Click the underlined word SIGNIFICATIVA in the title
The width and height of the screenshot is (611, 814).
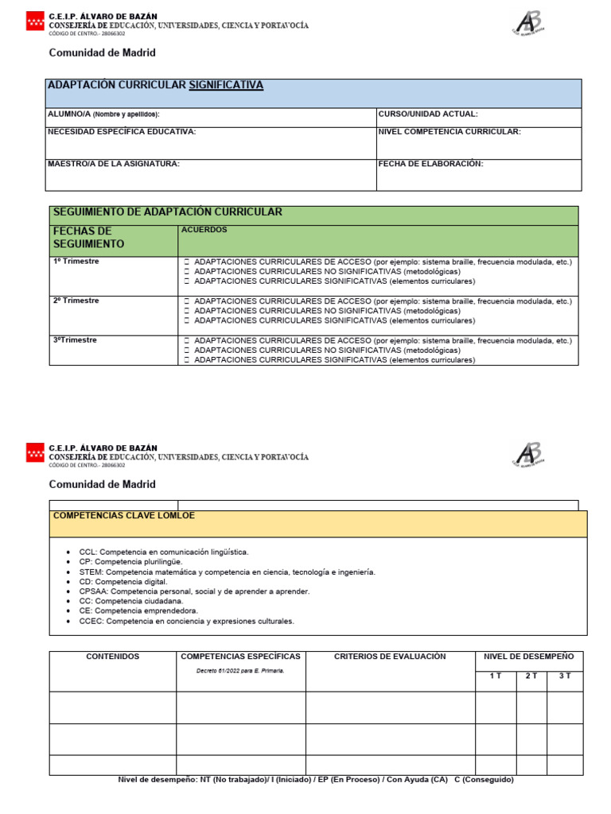click(226, 85)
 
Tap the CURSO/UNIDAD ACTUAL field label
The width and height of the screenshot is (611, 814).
click(428, 114)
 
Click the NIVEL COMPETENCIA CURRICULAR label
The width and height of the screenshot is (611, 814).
click(449, 132)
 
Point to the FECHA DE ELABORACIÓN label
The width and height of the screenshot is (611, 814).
click(430, 164)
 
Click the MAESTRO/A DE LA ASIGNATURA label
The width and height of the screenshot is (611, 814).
click(114, 164)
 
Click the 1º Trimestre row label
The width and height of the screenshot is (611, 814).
click(76, 262)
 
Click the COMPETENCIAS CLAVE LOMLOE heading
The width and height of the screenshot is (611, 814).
click(123, 516)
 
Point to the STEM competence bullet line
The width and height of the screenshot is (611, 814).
click(227, 572)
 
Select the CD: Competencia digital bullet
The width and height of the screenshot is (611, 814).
click(123, 582)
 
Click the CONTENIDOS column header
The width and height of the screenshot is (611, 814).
click(112, 657)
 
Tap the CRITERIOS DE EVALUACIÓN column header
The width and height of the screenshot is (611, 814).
click(390, 657)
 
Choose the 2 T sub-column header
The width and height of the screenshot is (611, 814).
click(531, 676)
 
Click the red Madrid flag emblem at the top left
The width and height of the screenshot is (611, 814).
click(36, 21)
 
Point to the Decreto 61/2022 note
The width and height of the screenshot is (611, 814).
click(240, 671)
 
